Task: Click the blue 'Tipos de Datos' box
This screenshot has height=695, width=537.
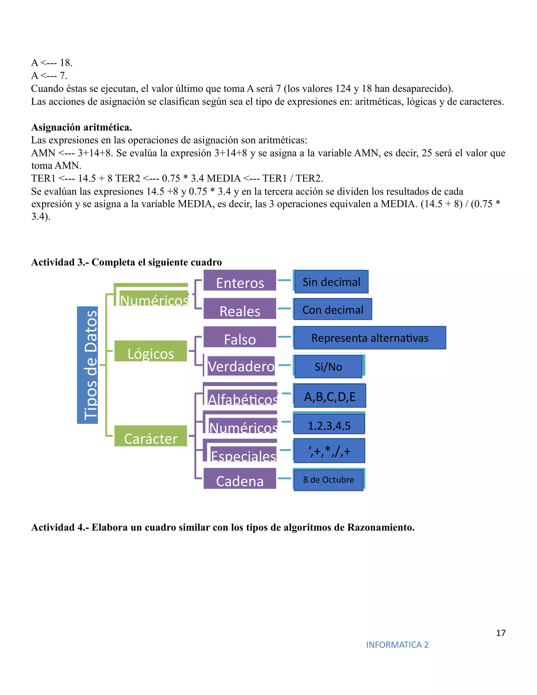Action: (x=88, y=365)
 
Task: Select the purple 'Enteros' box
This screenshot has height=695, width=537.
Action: (x=240, y=281)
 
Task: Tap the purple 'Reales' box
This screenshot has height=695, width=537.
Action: (x=240, y=309)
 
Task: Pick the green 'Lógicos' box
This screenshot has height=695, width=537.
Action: (x=151, y=351)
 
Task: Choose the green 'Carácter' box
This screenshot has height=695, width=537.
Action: (x=151, y=436)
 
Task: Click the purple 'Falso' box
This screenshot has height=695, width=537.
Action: (x=240, y=337)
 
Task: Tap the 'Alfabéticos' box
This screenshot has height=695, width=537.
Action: (x=243, y=398)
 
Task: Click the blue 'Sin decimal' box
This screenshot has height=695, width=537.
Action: (x=331, y=282)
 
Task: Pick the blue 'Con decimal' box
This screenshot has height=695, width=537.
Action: (x=333, y=309)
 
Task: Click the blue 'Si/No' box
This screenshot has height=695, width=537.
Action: (x=329, y=367)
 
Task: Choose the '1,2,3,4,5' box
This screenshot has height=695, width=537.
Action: (x=329, y=424)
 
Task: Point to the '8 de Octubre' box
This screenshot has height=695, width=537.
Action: (x=329, y=480)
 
